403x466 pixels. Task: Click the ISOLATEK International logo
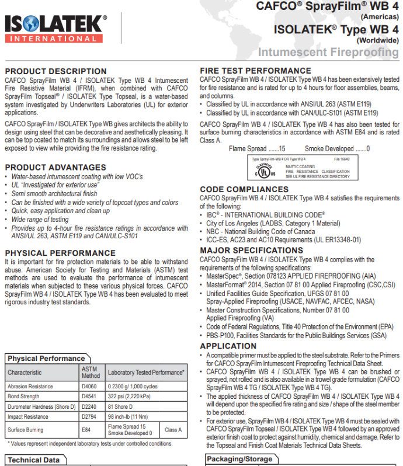(x=55, y=28)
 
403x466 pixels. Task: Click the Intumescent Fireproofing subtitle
(x=328, y=53)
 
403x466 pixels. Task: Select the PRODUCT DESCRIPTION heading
(x=55, y=71)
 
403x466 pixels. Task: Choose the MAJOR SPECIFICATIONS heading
(x=251, y=250)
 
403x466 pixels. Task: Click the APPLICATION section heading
(x=228, y=346)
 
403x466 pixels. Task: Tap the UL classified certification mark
(x=265, y=172)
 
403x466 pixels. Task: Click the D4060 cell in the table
(x=89, y=387)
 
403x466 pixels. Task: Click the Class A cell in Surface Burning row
(x=173, y=429)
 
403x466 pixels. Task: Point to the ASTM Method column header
(x=89, y=373)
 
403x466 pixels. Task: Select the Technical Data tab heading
(x=33, y=460)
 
